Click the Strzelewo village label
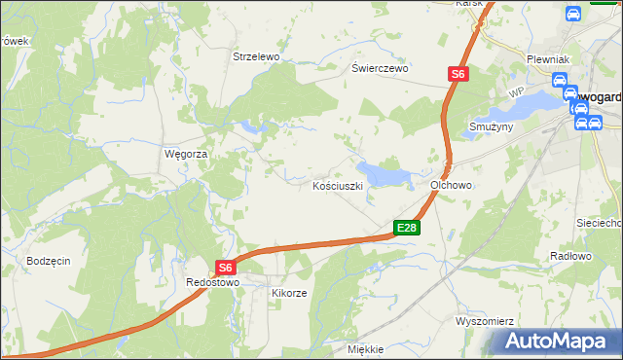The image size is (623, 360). pos(256,57)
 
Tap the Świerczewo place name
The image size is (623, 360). pos(381,69)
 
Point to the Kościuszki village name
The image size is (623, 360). pos(338,185)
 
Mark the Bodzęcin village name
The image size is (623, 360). pos(49,262)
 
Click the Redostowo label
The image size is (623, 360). pos(212,282)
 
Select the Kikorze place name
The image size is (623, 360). pos(289,293)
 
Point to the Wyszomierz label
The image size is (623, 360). pos(484,320)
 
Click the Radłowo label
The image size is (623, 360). pos(570,256)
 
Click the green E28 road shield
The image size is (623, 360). pos(407,229)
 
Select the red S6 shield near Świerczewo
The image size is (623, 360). pos(458,73)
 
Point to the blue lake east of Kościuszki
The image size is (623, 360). pos(386,174)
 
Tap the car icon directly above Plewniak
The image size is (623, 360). pos(574,15)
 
